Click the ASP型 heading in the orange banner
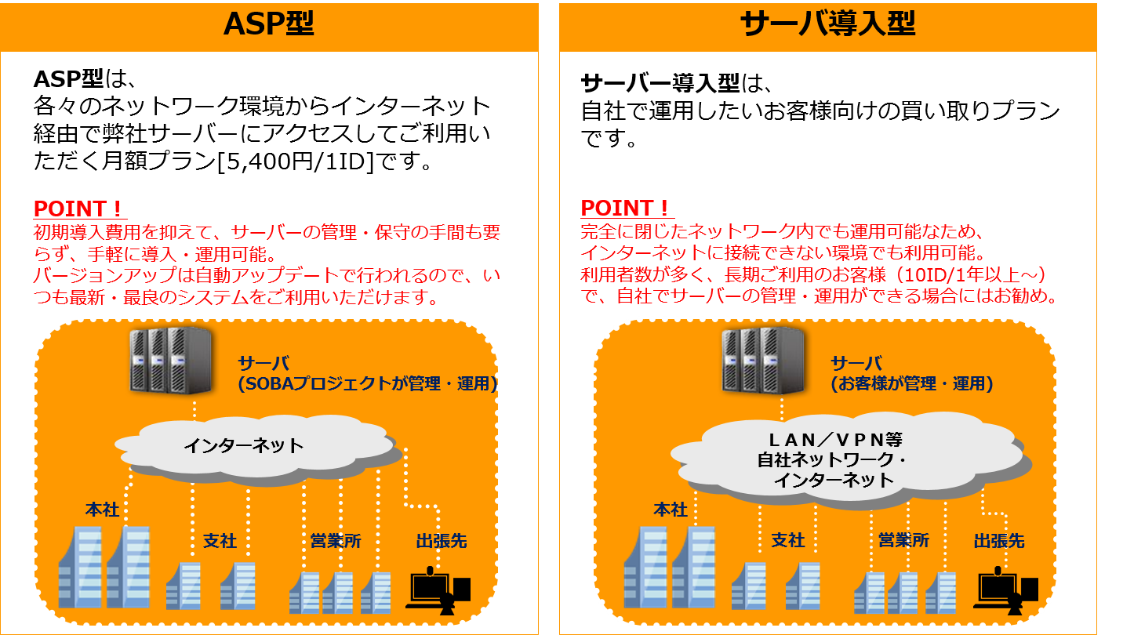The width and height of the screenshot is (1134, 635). pyautogui.click(x=268, y=24)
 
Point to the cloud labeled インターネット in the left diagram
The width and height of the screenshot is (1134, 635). pyautogui.click(x=243, y=446)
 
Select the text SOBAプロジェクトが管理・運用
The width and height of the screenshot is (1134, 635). pyautogui.click(x=368, y=384)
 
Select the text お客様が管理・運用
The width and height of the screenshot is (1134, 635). pyautogui.click(x=912, y=384)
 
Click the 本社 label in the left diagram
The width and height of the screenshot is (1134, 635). pyautogui.click(x=102, y=510)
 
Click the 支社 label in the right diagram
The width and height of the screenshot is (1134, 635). pyautogui.click(x=788, y=541)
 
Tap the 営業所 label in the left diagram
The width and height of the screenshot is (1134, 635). pyautogui.click(x=336, y=541)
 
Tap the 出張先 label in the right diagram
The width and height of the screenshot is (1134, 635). pyautogui.click(x=999, y=541)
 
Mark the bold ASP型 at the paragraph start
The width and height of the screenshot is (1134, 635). pyautogui.click(x=68, y=79)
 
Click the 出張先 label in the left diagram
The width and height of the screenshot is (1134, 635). pyautogui.click(x=442, y=541)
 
